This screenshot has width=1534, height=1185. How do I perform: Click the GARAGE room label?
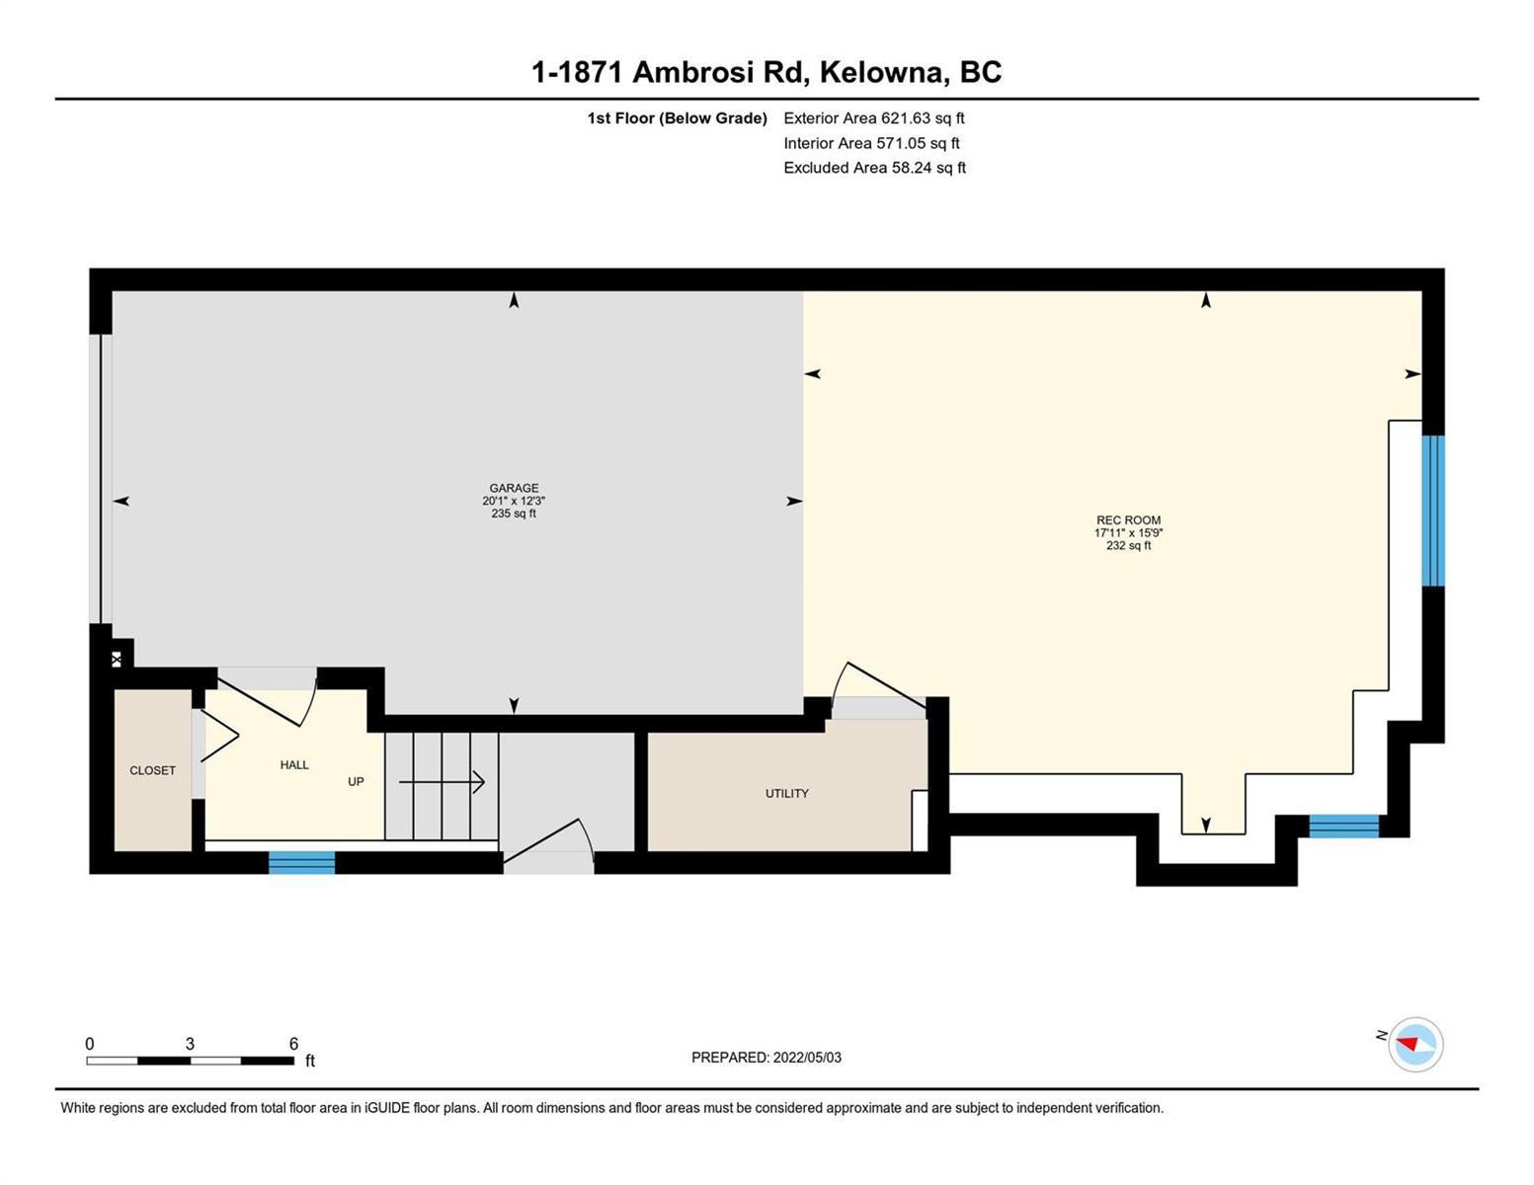tap(514, 488)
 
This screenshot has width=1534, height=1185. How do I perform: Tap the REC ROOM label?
tap(1128, 520)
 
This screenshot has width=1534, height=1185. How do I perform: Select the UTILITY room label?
tap(786, 793)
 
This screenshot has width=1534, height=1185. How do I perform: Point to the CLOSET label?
tap(152, 770)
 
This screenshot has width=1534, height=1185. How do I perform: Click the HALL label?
tap(294, 765)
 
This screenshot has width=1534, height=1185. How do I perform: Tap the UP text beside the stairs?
tap(356, 782)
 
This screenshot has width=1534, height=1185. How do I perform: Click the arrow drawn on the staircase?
tap(442, 782)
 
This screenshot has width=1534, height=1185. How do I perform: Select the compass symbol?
tap(1414, 1045)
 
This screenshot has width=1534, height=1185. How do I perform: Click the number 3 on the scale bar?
tap(190, 1044)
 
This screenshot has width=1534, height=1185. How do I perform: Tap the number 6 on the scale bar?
tap(293, 1044)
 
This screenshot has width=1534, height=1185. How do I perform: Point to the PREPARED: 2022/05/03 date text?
tap(766, 1058)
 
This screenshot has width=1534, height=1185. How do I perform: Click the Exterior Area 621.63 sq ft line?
tap(874, 118)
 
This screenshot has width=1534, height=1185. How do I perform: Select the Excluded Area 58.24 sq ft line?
tap(874, 167)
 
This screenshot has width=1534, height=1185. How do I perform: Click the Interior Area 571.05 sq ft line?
tap(872, 143)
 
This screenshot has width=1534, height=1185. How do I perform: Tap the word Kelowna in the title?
tap(881, 73)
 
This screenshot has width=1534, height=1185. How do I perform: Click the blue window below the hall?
tap(301, 862)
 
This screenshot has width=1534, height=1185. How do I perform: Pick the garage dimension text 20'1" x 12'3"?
tap(514, 501)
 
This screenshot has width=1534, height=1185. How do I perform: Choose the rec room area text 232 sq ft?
tap(1128, 545)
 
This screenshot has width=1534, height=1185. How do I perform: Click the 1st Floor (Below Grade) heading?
tap(677, 118)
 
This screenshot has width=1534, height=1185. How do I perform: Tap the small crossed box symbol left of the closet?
tap(117, 660)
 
